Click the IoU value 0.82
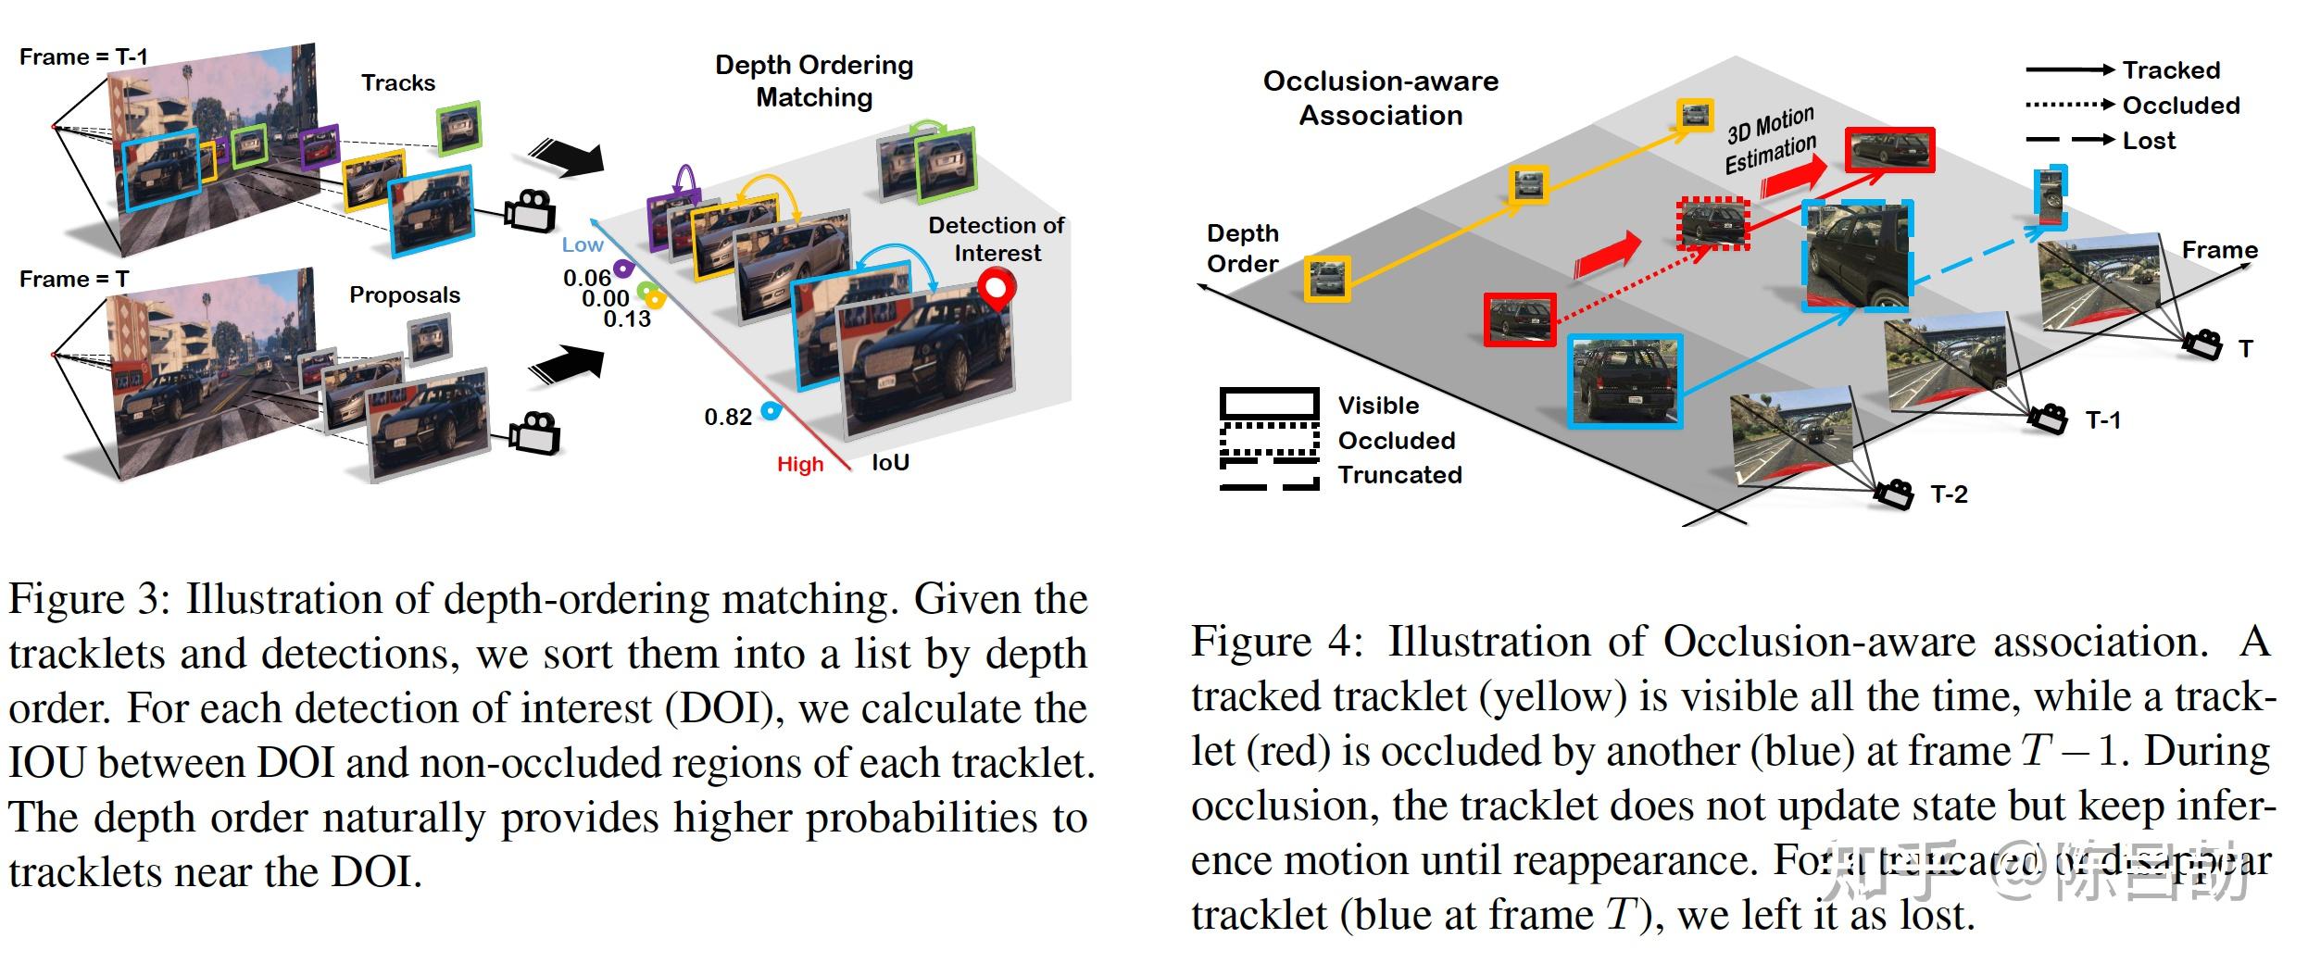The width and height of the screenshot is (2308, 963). [x=728, y=418]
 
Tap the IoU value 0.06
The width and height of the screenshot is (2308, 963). [x=586, y=278]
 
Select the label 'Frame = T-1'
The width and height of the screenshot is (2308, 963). [x=83, y=56]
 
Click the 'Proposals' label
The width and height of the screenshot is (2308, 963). [x=404, y=294]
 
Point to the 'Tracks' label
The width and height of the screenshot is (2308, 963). [x=397, y=82]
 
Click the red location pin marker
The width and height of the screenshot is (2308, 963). [x=997, y=289]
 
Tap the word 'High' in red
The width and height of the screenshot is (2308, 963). [x=800, y=464]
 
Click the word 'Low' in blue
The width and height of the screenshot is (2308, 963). [x=583, y=244]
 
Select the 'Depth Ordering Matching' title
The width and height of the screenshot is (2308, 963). [x=814, y=81]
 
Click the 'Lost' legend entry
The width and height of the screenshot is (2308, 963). [x=2149, y=141]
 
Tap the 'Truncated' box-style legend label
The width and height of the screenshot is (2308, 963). [x=1399, y=475]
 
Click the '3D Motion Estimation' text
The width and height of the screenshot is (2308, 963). [x=1770, y=140]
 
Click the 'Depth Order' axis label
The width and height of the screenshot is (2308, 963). [x=1242, y=248]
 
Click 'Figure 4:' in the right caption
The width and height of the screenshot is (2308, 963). [x=1277, y=642]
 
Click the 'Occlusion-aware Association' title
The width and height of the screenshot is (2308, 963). [x=1380, y=98]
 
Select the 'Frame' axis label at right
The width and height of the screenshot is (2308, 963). [x=2219, y=250]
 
